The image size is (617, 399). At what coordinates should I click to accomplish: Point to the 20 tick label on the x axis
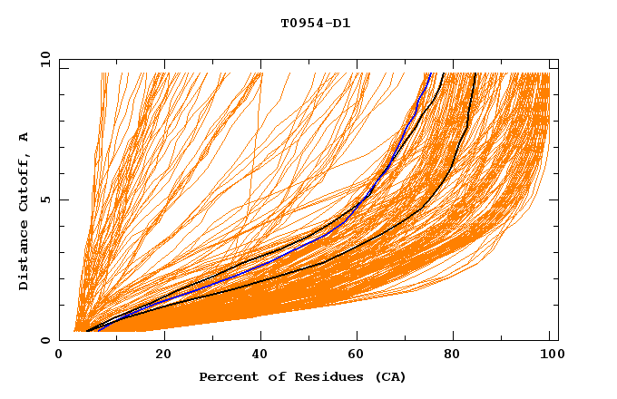click(x=163, y=354)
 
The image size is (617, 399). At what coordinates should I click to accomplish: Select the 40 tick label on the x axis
click(x=261, y=354)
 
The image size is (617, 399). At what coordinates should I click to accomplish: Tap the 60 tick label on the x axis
click(x=360, y=354)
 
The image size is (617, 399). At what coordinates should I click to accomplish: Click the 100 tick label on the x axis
click(x=549, y=354)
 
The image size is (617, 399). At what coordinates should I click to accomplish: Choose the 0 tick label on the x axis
click(x=60, y=354)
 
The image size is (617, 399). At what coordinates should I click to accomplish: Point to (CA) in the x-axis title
click(x=388, y=376)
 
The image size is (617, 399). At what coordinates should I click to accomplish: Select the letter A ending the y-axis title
click(x=24, y=137)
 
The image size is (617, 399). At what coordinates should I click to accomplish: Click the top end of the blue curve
click(x=430, y=73)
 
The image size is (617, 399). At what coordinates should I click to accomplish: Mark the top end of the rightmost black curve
click(x=475, y=73)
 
